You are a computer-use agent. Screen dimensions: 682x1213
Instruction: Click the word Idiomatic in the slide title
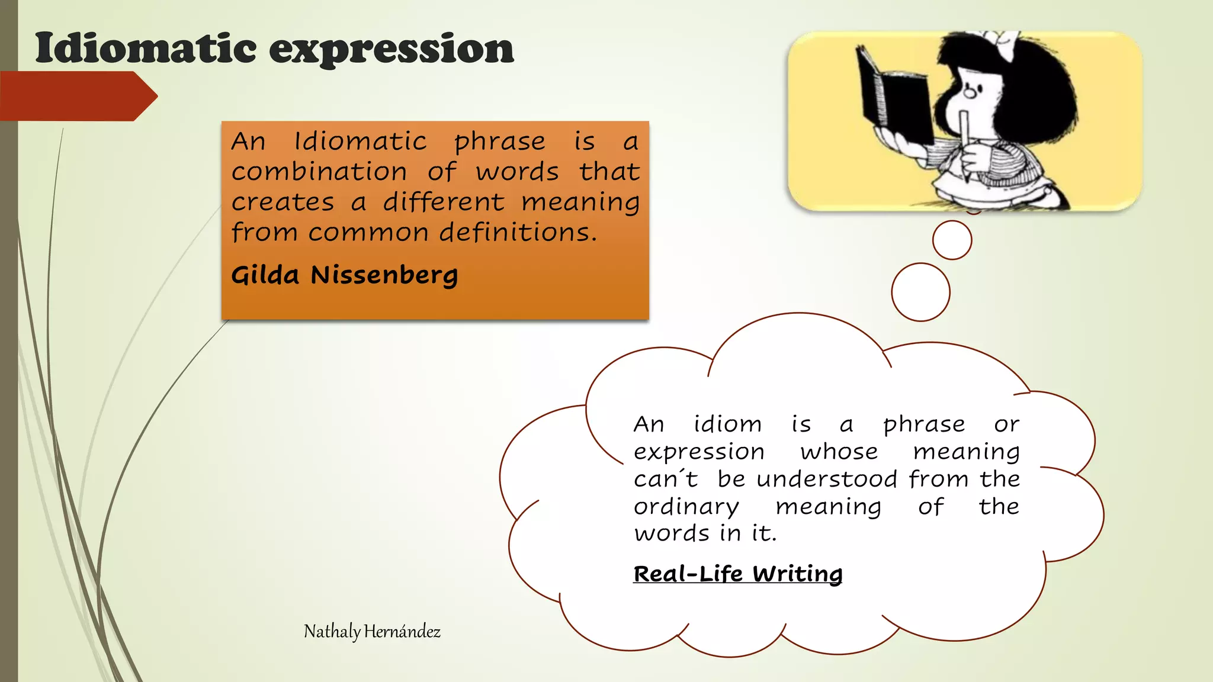point(145,49)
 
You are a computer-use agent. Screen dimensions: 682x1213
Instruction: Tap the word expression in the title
point(392,50)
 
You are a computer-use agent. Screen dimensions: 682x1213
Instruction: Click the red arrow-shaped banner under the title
point(77,96)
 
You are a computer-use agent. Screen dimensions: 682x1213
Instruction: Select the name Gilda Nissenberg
point(344,275)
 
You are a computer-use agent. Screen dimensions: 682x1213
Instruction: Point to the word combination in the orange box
point(319,172)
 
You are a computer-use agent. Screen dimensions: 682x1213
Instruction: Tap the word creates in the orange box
point(283,202)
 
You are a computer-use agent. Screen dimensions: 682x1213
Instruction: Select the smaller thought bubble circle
point(952,240)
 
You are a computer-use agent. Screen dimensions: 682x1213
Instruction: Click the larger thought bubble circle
point(920,292)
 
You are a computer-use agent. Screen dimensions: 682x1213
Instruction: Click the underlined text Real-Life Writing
point(737,574)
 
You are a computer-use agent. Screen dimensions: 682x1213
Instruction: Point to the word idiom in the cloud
point(727,424)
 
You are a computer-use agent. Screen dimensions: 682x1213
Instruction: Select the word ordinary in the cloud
point(686,507)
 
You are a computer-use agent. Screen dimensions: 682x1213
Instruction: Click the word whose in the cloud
point(839,452)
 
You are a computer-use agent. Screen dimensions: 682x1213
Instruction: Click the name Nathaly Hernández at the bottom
point(372,632)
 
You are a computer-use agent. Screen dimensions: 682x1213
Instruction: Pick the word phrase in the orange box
point(499,141)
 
